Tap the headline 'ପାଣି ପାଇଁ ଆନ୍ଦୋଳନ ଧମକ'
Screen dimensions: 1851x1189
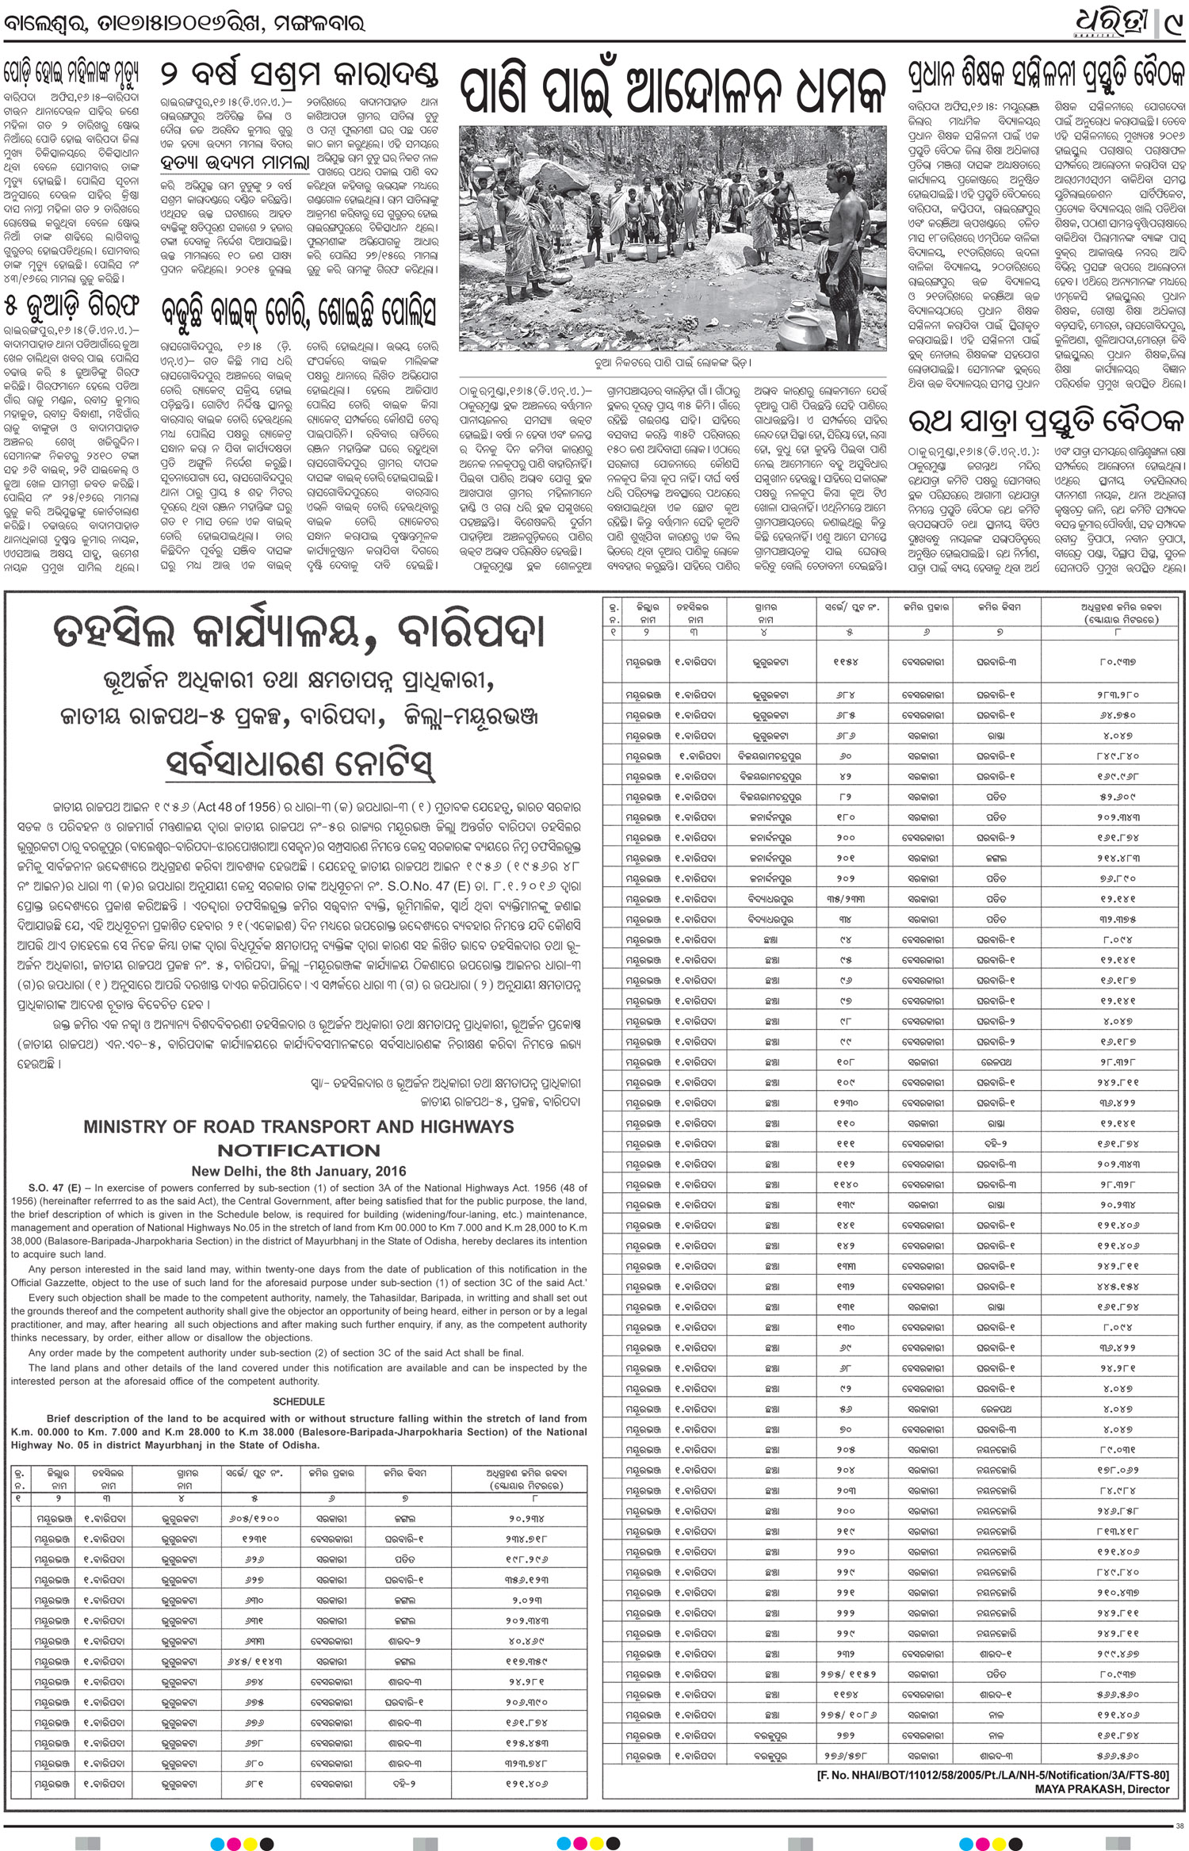coord(672,92)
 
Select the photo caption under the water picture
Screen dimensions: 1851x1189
coord(672,363)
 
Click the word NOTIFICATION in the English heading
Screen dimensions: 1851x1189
coord(299,1150)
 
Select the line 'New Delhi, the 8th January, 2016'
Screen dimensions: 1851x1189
coord(299,1171)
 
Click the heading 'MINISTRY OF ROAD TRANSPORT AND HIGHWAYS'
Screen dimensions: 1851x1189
coord(299,1126)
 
